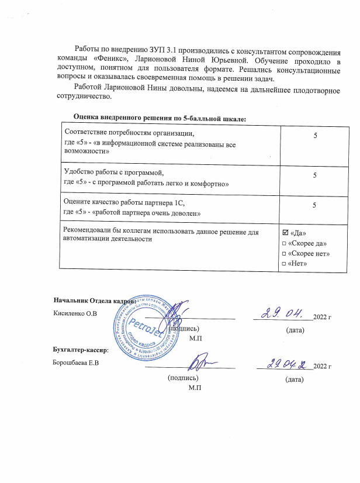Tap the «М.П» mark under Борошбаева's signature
(195, 389)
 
